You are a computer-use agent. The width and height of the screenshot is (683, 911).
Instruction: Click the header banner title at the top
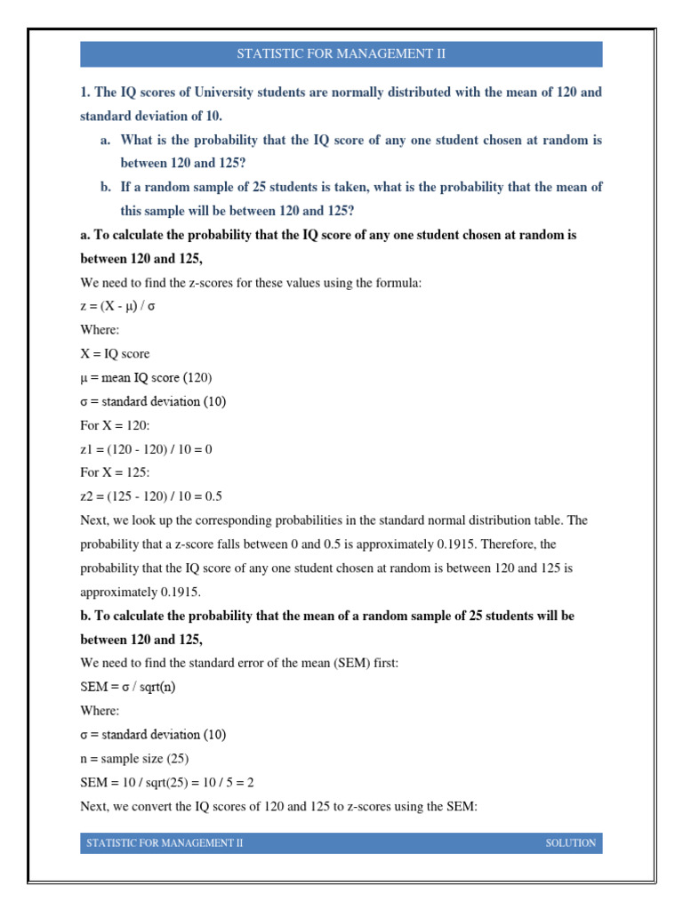[x=341, y=54]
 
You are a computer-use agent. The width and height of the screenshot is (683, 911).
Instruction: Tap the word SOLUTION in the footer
[x=570, y=842]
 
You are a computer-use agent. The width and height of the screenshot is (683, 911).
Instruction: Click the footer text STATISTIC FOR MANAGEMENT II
[x=165, y=842]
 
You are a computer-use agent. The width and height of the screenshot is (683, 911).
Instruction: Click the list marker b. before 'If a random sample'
[x=106, y=187]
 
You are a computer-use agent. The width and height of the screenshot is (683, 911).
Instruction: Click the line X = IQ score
[x=115, y=353]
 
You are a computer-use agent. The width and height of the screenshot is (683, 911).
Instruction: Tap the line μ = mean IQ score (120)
[x=146, y=377]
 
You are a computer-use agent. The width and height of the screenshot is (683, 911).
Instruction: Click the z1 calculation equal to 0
[x=146, y=449]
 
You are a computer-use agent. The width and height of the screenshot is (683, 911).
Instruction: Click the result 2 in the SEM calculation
[x=262, y=782]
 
